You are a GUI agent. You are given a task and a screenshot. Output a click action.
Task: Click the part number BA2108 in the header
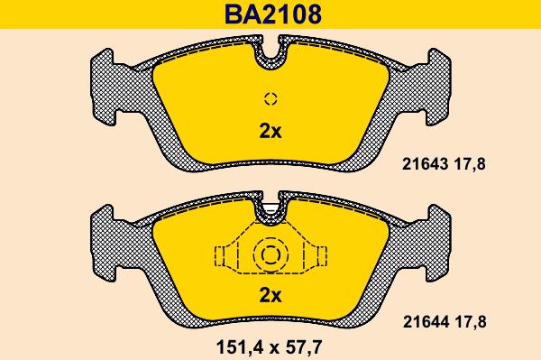273,14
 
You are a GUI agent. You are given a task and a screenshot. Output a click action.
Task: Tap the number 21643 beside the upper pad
425,164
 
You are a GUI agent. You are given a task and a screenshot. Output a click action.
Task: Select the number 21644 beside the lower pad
426,322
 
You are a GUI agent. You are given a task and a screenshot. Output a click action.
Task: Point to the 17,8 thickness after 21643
470,164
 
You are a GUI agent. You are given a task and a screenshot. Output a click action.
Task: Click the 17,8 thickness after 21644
471,322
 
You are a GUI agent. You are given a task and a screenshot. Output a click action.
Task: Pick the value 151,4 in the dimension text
240,346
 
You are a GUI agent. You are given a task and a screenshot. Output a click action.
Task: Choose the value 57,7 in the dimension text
304,346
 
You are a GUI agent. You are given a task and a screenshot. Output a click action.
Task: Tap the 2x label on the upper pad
270,131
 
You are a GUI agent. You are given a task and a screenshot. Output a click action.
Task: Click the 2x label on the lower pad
270,295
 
